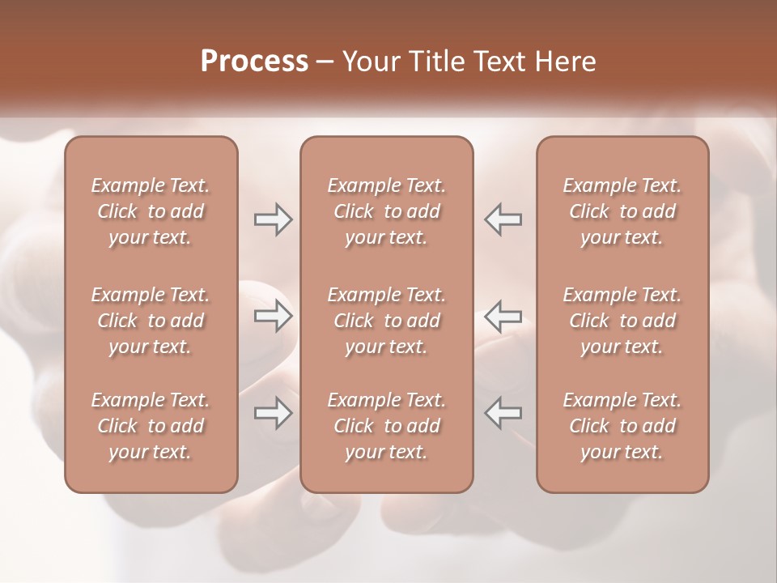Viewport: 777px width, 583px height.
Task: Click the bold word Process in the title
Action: pos(254,62)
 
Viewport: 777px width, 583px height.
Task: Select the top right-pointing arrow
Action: pos(274,219)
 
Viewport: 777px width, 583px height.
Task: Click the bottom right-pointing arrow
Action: pos(274,413)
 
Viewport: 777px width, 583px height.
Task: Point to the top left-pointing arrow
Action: pos(503,219)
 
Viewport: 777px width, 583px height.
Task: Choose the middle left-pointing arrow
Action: pos(503,315)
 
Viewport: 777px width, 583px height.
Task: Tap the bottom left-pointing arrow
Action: pos(503,413)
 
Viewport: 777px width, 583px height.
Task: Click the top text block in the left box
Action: pos(151,211)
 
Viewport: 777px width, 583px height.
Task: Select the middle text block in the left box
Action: pos(151,321)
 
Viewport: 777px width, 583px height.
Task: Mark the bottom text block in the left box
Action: pos(151,426)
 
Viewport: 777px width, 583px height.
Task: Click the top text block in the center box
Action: pos(387,211)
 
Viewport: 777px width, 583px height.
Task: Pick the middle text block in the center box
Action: pos(387,321)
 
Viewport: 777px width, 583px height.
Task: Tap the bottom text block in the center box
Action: pos(387,426)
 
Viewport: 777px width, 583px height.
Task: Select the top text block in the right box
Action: pos(622,211)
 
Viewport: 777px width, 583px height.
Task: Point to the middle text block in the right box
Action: pos(622,321)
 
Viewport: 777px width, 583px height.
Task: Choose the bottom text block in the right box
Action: pos(622,426)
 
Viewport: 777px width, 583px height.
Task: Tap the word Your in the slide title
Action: pos(369,62)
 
